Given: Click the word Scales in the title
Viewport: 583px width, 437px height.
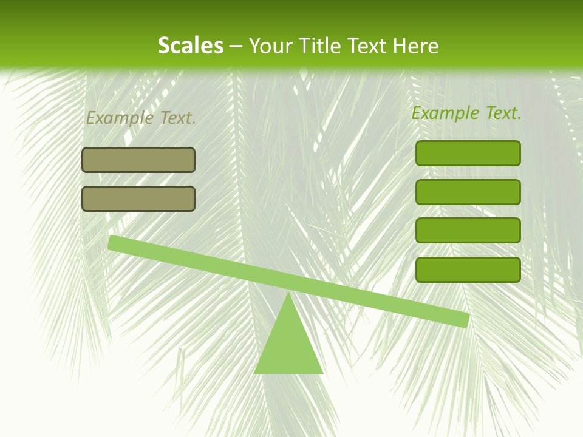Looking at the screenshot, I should click(x=191, y=46).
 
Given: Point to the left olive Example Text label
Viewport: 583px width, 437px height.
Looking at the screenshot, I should click(x=141, y=118).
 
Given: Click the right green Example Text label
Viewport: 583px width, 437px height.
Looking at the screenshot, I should click(x=466, y=113).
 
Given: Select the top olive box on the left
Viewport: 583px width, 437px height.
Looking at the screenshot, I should click(x=138, y=160).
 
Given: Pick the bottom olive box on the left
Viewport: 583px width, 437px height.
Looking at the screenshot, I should click(x=138, y=198).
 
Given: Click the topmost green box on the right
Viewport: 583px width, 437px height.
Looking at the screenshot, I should click(x=468, y=153).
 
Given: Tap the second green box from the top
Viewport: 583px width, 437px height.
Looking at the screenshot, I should click(x=468, y=192).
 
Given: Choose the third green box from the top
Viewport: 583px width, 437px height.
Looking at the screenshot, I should click(x=468, y=231).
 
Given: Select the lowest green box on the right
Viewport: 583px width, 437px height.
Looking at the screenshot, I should click(x=468, y=269).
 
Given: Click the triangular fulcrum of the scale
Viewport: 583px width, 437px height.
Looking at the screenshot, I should click(x=288, y=343).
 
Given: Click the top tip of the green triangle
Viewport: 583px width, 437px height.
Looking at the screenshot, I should click(x=288, y=294).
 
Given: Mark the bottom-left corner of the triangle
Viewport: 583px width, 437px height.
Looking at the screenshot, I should click(x=256, y=372).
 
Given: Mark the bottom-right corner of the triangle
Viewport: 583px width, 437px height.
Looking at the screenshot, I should click(x=322, y=372).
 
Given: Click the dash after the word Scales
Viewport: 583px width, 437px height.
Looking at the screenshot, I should click(x=236, y=46).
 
